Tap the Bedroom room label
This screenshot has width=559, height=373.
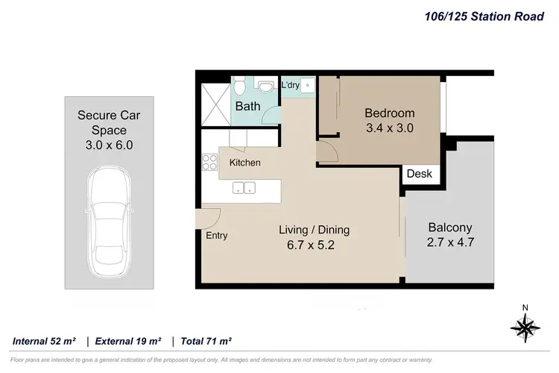389,113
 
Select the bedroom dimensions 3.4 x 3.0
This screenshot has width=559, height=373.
389,128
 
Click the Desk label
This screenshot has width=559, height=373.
419,174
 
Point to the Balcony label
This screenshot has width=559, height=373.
449,228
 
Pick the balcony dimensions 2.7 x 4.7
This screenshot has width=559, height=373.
449,243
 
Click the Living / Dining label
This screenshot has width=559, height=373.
314,230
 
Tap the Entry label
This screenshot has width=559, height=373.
217,236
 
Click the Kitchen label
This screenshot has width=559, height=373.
244,163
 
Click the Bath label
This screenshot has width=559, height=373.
247,107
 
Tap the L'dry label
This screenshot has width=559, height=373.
290,85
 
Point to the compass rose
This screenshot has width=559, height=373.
525,326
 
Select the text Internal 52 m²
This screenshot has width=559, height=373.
45,341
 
